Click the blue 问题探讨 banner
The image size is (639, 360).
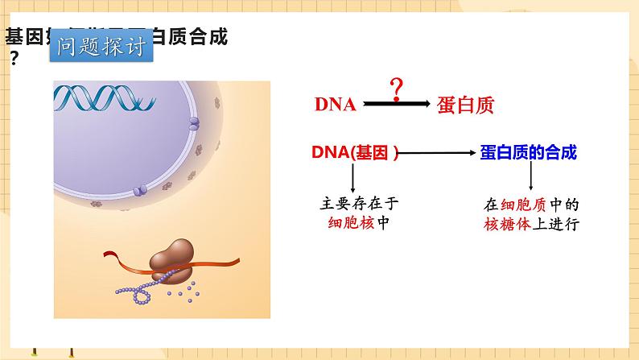point(101,48)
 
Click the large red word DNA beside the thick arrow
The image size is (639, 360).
point(335,105)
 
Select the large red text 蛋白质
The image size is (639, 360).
point(465,105)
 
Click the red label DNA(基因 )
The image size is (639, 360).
point(355,151)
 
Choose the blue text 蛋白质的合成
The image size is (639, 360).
point(528,151)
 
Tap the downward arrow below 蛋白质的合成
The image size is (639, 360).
point(532,178)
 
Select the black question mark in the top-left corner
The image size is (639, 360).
point(14,58)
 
